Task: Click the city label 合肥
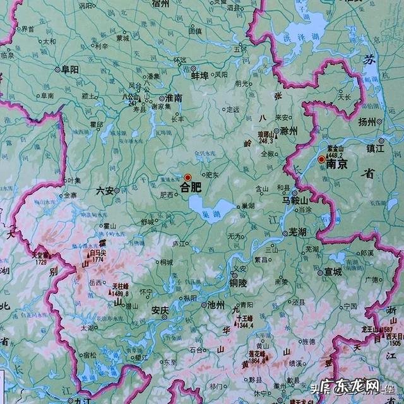tap(191, 187)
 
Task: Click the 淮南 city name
tap(174, 98)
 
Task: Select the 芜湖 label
tap(297, 232)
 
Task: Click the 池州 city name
tap(217, 304)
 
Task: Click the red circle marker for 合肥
tap(187, 177)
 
